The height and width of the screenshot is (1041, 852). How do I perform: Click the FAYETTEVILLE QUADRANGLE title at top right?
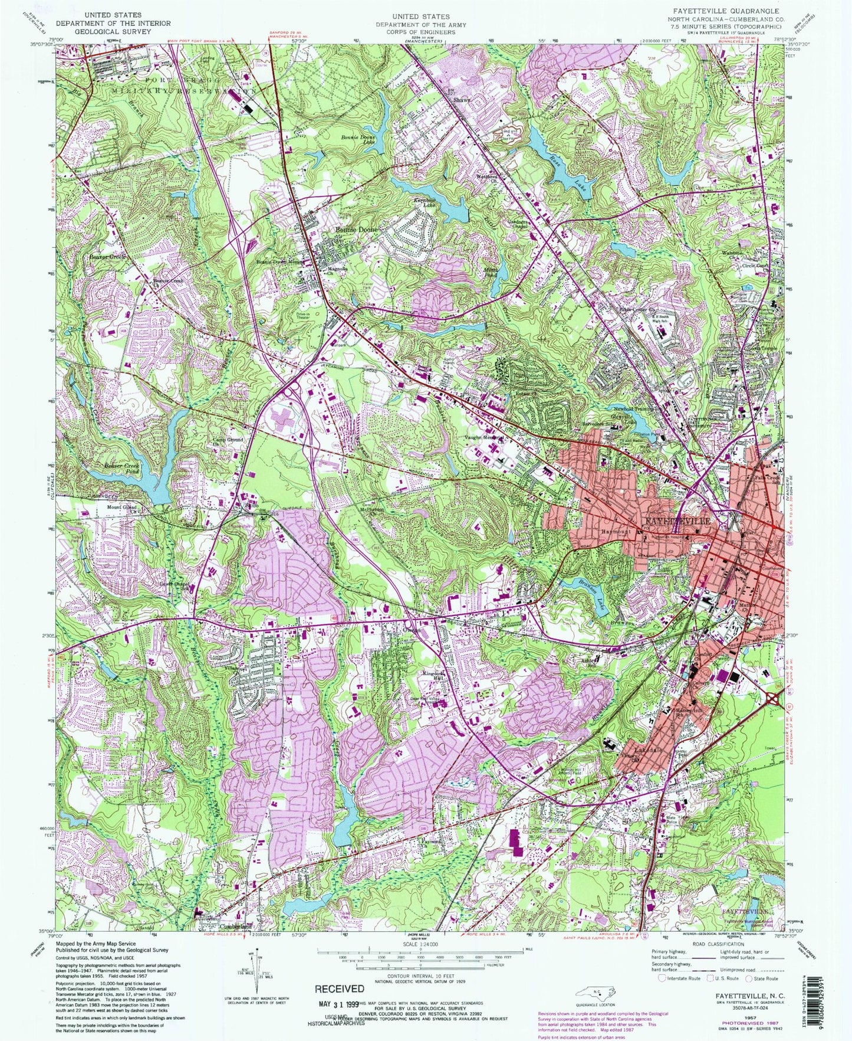pyautogui.click(x=730, y=11)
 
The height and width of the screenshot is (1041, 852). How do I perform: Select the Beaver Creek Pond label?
pyautogui.click(x=122, y=468)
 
